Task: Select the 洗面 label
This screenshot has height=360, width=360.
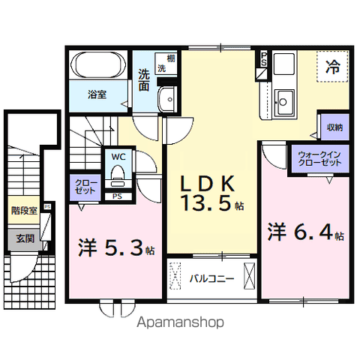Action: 143,80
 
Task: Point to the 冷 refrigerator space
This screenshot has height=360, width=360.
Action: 331,67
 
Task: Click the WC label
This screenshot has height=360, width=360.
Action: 118,157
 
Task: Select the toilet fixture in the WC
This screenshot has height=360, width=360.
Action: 117,175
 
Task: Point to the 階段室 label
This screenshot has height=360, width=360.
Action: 24,211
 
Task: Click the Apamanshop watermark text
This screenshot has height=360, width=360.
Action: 179,324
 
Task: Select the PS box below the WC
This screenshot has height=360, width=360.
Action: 117,196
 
